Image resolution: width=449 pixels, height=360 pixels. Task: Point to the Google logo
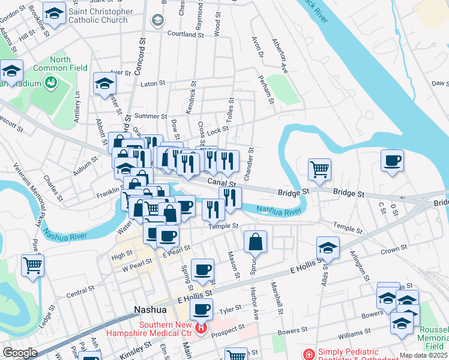tap(20, 353)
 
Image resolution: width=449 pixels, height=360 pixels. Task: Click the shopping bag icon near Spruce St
tap(256, 242)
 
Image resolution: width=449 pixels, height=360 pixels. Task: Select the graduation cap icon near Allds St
tap(328, 247)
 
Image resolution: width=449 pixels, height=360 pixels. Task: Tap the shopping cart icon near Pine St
tap(32, 265)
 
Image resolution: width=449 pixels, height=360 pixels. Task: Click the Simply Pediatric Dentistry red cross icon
tap(309, 355)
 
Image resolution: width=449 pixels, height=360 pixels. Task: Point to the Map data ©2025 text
tap(423, 355)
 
